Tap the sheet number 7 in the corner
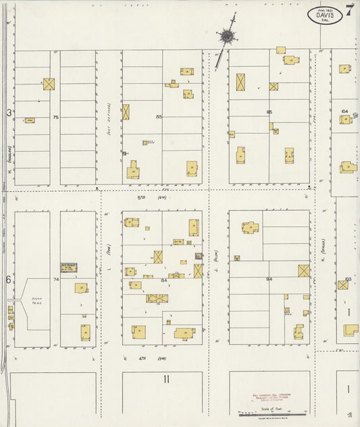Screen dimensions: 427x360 pos(349,9)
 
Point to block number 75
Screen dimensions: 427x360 pos(56,118)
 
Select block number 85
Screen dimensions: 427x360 pos(159,118)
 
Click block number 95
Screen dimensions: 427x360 pos(269,112)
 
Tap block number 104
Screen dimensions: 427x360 pos(344,111)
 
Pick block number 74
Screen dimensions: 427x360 pos(56,279)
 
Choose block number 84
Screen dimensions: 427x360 pos(163,279)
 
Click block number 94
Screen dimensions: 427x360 pos(269,278)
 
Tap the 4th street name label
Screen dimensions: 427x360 pos(143,357)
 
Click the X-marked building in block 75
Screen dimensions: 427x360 pos(49,84)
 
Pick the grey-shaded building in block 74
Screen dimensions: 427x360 pos(69,268)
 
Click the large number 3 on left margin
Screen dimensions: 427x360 pos(9,114)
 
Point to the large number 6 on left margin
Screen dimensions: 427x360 pos(9,280)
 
